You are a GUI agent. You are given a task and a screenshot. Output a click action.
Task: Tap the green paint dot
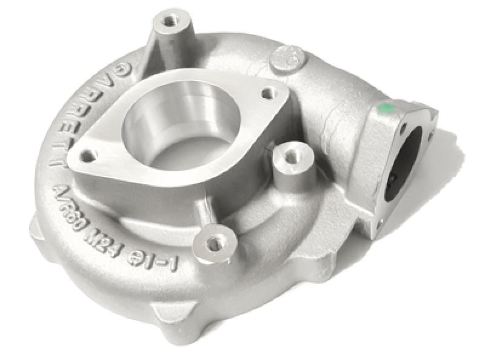tap(383, 109)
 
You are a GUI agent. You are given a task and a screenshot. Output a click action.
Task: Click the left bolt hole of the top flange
tap(89, 156)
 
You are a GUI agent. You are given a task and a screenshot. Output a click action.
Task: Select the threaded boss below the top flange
tap(213, 244)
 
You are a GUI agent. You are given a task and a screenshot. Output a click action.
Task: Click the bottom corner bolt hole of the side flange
tap(378, 225)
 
